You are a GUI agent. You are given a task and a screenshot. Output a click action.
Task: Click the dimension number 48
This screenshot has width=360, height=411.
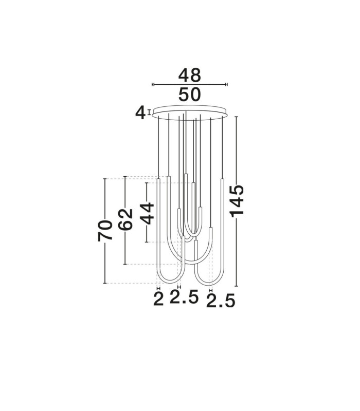189,75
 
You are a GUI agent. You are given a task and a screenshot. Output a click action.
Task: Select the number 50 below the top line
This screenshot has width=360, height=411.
189,95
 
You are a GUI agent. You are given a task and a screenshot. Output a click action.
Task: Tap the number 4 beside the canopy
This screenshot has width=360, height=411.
140,114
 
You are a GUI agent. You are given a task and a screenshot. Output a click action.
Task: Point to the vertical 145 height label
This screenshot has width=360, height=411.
237,201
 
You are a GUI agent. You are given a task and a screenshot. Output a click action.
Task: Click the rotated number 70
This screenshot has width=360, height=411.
105,231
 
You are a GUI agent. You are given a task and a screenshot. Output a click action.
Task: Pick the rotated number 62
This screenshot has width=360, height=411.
125,220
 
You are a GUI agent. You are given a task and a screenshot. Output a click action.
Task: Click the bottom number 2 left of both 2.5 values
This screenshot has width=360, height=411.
158,299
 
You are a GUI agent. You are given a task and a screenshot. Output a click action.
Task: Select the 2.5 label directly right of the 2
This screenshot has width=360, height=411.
184,297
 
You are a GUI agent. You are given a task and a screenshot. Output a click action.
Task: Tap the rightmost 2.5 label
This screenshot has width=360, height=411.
221,301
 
